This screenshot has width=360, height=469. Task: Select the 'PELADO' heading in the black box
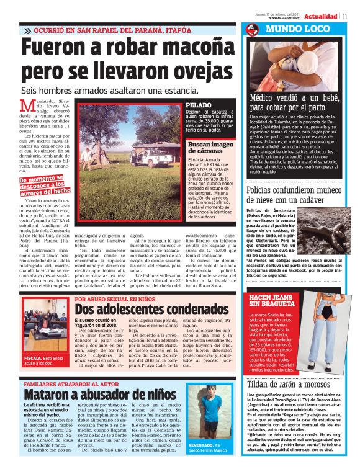click(x=199, y=105)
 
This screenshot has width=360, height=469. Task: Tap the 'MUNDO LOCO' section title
click(x=285, y=29)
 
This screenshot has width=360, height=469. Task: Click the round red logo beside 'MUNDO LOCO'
click(x=252, y=30)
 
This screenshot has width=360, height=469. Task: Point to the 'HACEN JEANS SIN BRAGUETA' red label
click(x=271, y=302)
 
